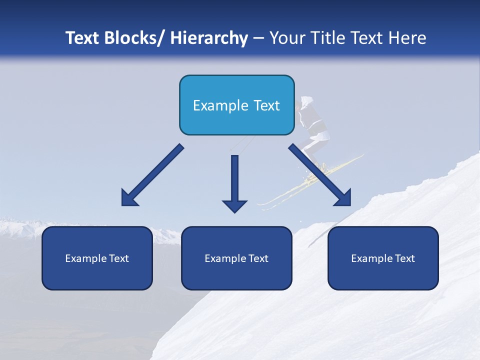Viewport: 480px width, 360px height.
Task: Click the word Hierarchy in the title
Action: (x=209, y=38)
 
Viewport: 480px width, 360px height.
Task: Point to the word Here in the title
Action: (x=407, y=38)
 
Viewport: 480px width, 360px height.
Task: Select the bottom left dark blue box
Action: (x=97, y=275)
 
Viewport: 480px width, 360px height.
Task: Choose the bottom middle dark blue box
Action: (x=236, y=275)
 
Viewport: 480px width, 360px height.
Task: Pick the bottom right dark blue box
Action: (x=383, y=275)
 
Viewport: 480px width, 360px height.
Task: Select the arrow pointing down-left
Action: (x=152, y=175)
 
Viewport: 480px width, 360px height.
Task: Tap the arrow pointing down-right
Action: (x=320, y=175)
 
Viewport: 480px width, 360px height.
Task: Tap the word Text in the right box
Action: (x=405, y=258)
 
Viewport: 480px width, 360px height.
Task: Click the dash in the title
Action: (x=258, y=38)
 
